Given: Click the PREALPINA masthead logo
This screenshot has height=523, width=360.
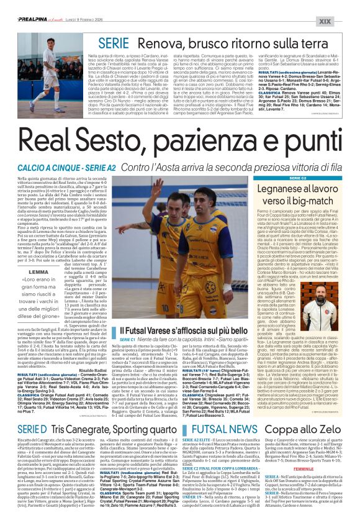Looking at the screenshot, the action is [x=30, y=4].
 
